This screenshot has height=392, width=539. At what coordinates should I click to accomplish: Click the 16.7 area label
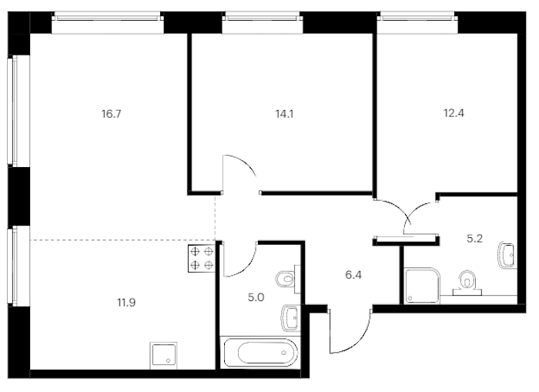pos(112,113)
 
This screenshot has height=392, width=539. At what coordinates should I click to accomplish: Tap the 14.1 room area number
pos(284,113)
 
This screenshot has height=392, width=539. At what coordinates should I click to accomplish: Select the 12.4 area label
pos(454,112)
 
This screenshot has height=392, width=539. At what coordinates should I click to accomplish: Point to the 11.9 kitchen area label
pos(126,303)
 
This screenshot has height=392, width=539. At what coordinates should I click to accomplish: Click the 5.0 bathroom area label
pos(256,297)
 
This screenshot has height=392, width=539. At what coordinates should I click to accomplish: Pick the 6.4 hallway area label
pos(353,275)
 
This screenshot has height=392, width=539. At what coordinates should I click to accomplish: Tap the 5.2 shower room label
pos(475,238)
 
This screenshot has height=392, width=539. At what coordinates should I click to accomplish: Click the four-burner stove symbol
pos(202,258)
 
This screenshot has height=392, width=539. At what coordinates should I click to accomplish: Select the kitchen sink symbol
pos(163,355)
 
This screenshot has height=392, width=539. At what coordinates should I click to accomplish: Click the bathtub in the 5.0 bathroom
pos(260,353)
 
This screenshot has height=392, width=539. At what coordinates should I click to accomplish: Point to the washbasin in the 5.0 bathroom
pos(291,318)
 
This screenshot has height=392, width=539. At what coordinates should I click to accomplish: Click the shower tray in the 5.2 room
pos(423,286)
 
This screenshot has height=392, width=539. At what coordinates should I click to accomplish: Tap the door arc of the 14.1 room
pos(245,162)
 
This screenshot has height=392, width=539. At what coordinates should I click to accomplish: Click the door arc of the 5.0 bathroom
pos(247,265)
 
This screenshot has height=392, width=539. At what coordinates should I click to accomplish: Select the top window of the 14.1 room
pos(263,22)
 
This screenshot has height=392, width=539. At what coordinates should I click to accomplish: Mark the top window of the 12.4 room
pos(417,22)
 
